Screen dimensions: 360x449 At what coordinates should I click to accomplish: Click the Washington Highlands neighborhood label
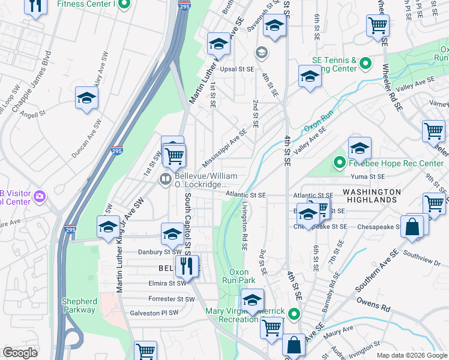372,196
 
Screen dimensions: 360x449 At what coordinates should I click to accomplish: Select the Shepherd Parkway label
79,305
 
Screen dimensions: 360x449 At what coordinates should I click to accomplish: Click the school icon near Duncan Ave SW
86,99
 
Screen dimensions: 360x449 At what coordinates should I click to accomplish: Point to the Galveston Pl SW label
154,313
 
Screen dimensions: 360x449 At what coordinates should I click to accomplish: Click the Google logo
20,353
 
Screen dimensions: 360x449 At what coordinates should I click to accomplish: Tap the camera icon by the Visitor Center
40,196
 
